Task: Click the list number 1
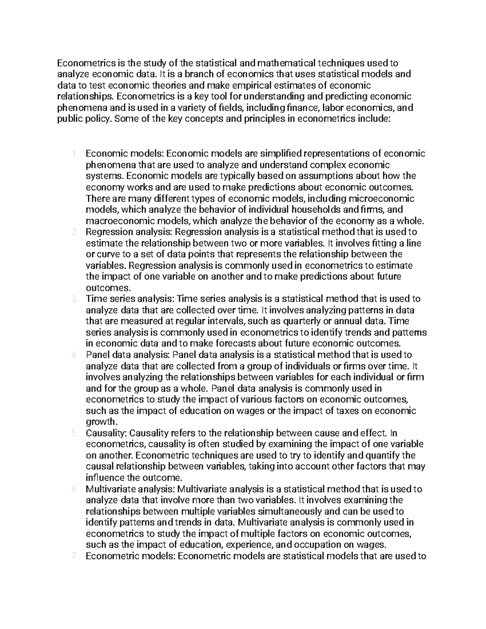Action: pyautogui.click(x=74, y=154)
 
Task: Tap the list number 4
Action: pyautogui.click(x=74, y=355)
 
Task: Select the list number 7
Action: pyautogui.click(x=74, y=556)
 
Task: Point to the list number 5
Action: pyautogui.click(x=74, y=433)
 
